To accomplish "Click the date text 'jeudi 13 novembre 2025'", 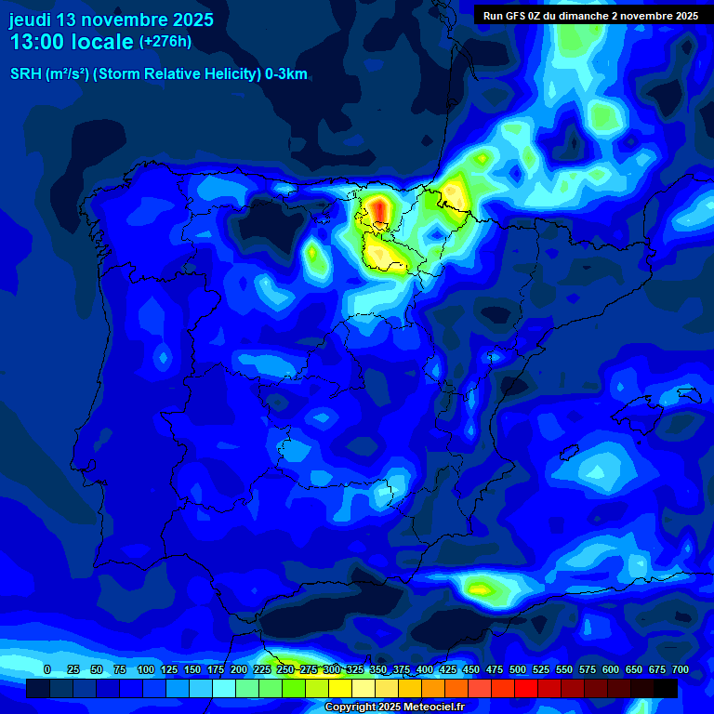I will [x=112, y=20].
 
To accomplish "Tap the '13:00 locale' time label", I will [x=72, y=42].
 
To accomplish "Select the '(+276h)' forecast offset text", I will [x=165, y=42].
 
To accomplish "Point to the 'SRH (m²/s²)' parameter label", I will [x=49, y=74].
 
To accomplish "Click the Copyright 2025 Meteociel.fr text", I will [x=394, y=707].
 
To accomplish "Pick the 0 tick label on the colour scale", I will [x=47, y=670].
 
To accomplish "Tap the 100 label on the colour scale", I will [x=146, y=670].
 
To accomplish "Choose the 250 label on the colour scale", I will [x=285, y=670].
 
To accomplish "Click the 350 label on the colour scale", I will [x=378, y=670].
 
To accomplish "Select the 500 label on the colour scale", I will [x=518, y=670].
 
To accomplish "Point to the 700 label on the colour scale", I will [x=681, y=670].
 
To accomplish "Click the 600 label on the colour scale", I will [x=611, y=670].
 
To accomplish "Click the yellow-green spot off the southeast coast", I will [x=480, y=588].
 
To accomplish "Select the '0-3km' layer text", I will [x=285, y=74].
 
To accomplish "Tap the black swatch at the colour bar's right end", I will [x=666, y=689].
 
